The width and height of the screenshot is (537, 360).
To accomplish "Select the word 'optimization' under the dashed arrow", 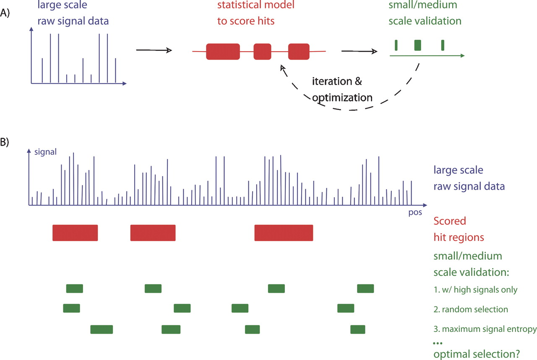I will click(x=342, y=97).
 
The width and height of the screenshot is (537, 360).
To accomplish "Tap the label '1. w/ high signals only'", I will click(x=476, y=290).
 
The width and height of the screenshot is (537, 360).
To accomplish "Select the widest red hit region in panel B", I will click(x=284, y=233).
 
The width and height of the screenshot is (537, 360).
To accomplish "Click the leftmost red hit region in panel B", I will click(x=75, y=233).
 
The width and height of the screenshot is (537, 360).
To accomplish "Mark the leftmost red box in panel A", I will click(x=223, y=51).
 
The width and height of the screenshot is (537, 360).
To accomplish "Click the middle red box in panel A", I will click(x=262, y=51).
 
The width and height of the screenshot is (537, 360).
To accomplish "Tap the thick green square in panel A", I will click(x=417, y=45).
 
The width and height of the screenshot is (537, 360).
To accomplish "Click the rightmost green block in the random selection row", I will click(x=346, y=308).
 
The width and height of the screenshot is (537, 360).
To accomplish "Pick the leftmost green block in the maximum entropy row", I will click(x=102, y=329).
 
